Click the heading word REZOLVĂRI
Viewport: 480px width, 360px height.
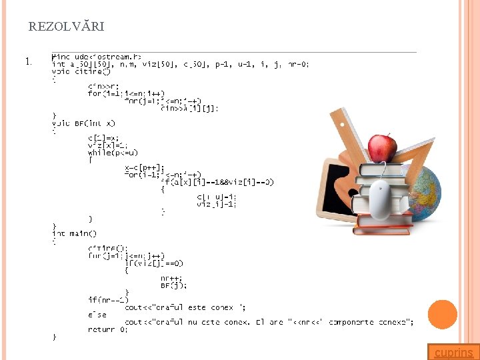coord(66,27)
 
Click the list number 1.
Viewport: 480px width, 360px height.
coord(27,62)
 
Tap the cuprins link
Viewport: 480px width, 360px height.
coord(454,353)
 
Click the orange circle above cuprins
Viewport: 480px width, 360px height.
coord(442,315)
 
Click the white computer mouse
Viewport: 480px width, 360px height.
coord(382,199)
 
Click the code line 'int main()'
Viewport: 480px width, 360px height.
coord(74,233)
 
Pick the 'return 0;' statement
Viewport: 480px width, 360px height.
coord(107,329)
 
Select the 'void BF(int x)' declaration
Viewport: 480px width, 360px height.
coord(83,123)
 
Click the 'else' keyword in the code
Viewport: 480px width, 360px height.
coord(97,315)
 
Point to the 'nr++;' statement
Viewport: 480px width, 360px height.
coord(171,278)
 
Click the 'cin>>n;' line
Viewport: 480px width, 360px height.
coord(104,86)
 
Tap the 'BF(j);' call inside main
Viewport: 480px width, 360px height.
coord(173,285)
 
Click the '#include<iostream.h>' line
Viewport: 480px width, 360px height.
coord(97,57)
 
